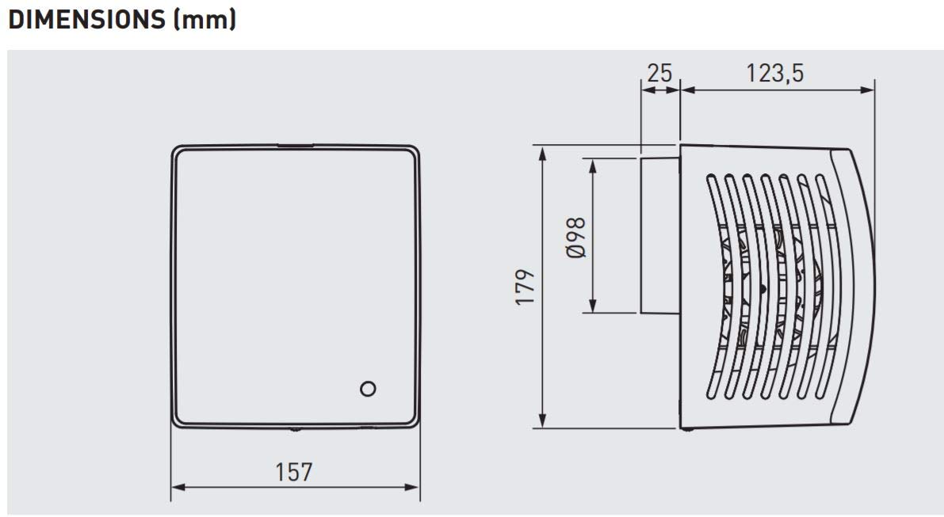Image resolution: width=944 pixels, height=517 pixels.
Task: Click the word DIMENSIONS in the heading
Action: click(86, 19)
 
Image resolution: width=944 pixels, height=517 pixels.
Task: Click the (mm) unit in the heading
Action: click(204, 20)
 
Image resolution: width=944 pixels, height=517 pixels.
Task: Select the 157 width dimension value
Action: click(294, 472)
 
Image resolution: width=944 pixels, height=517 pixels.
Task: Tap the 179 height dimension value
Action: click(525, 287)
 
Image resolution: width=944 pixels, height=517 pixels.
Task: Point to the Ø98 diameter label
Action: click(576, 238)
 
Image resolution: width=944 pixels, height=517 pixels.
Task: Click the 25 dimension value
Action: click(659, 73)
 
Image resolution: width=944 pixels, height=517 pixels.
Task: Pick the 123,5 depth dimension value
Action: click(775, 73)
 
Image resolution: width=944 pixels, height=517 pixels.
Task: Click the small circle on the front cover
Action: click(368, 389)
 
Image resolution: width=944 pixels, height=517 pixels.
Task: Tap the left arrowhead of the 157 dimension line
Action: click(178, 487)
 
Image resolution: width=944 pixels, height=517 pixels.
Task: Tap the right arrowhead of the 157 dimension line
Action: click(412, 487)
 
